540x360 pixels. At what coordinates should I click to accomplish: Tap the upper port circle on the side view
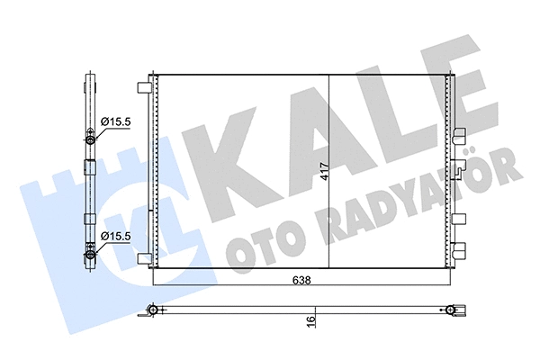90,137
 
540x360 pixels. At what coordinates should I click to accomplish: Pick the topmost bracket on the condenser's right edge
460,136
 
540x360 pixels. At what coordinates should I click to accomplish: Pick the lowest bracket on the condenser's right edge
460,254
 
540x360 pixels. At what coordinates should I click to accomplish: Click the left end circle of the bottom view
155,310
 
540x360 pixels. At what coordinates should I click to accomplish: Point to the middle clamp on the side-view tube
89,166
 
